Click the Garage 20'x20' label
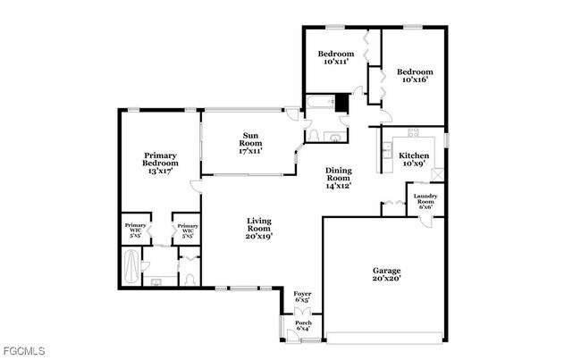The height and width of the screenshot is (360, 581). point(386,274)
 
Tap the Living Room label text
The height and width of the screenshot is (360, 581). point(258,229)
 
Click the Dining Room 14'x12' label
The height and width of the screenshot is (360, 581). point(338,178)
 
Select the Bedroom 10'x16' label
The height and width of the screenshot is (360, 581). point(415,76)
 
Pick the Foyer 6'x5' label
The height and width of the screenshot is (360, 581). point(302,296)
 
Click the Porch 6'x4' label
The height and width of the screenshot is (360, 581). point(304,326)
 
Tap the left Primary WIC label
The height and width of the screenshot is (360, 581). point(136,230)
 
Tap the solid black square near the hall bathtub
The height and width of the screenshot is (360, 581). point(341,102)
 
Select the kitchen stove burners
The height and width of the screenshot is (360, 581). point(414,132)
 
